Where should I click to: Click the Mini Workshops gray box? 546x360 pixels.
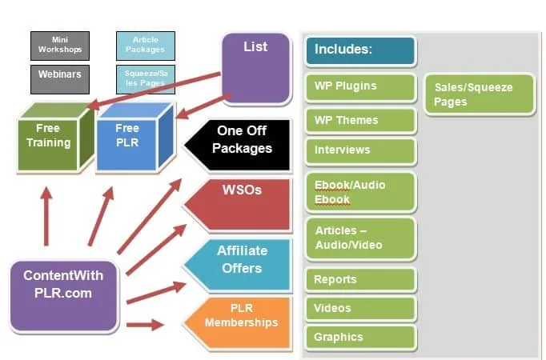60,46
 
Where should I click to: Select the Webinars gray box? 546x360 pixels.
60,79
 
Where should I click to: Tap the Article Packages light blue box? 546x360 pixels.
146,46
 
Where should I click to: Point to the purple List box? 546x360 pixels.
256,69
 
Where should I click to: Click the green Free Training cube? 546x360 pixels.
56,138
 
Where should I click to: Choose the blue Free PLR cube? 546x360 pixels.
135,138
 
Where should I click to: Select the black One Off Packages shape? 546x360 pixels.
238,145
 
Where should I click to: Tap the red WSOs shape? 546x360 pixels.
238,205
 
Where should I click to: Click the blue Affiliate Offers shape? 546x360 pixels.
238,264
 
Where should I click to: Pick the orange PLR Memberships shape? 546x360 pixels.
238,322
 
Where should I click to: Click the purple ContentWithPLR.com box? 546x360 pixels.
64,296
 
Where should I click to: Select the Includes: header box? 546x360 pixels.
361,50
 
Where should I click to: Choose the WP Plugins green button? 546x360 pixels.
361,87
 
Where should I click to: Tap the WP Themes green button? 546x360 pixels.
361,120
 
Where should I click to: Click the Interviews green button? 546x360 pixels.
361,150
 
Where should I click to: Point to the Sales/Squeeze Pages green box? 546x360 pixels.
480,94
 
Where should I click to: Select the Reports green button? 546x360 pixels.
361,280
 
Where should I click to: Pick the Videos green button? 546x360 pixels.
361,309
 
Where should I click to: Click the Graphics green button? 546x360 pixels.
361,338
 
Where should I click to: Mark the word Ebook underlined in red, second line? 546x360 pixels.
332,200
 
